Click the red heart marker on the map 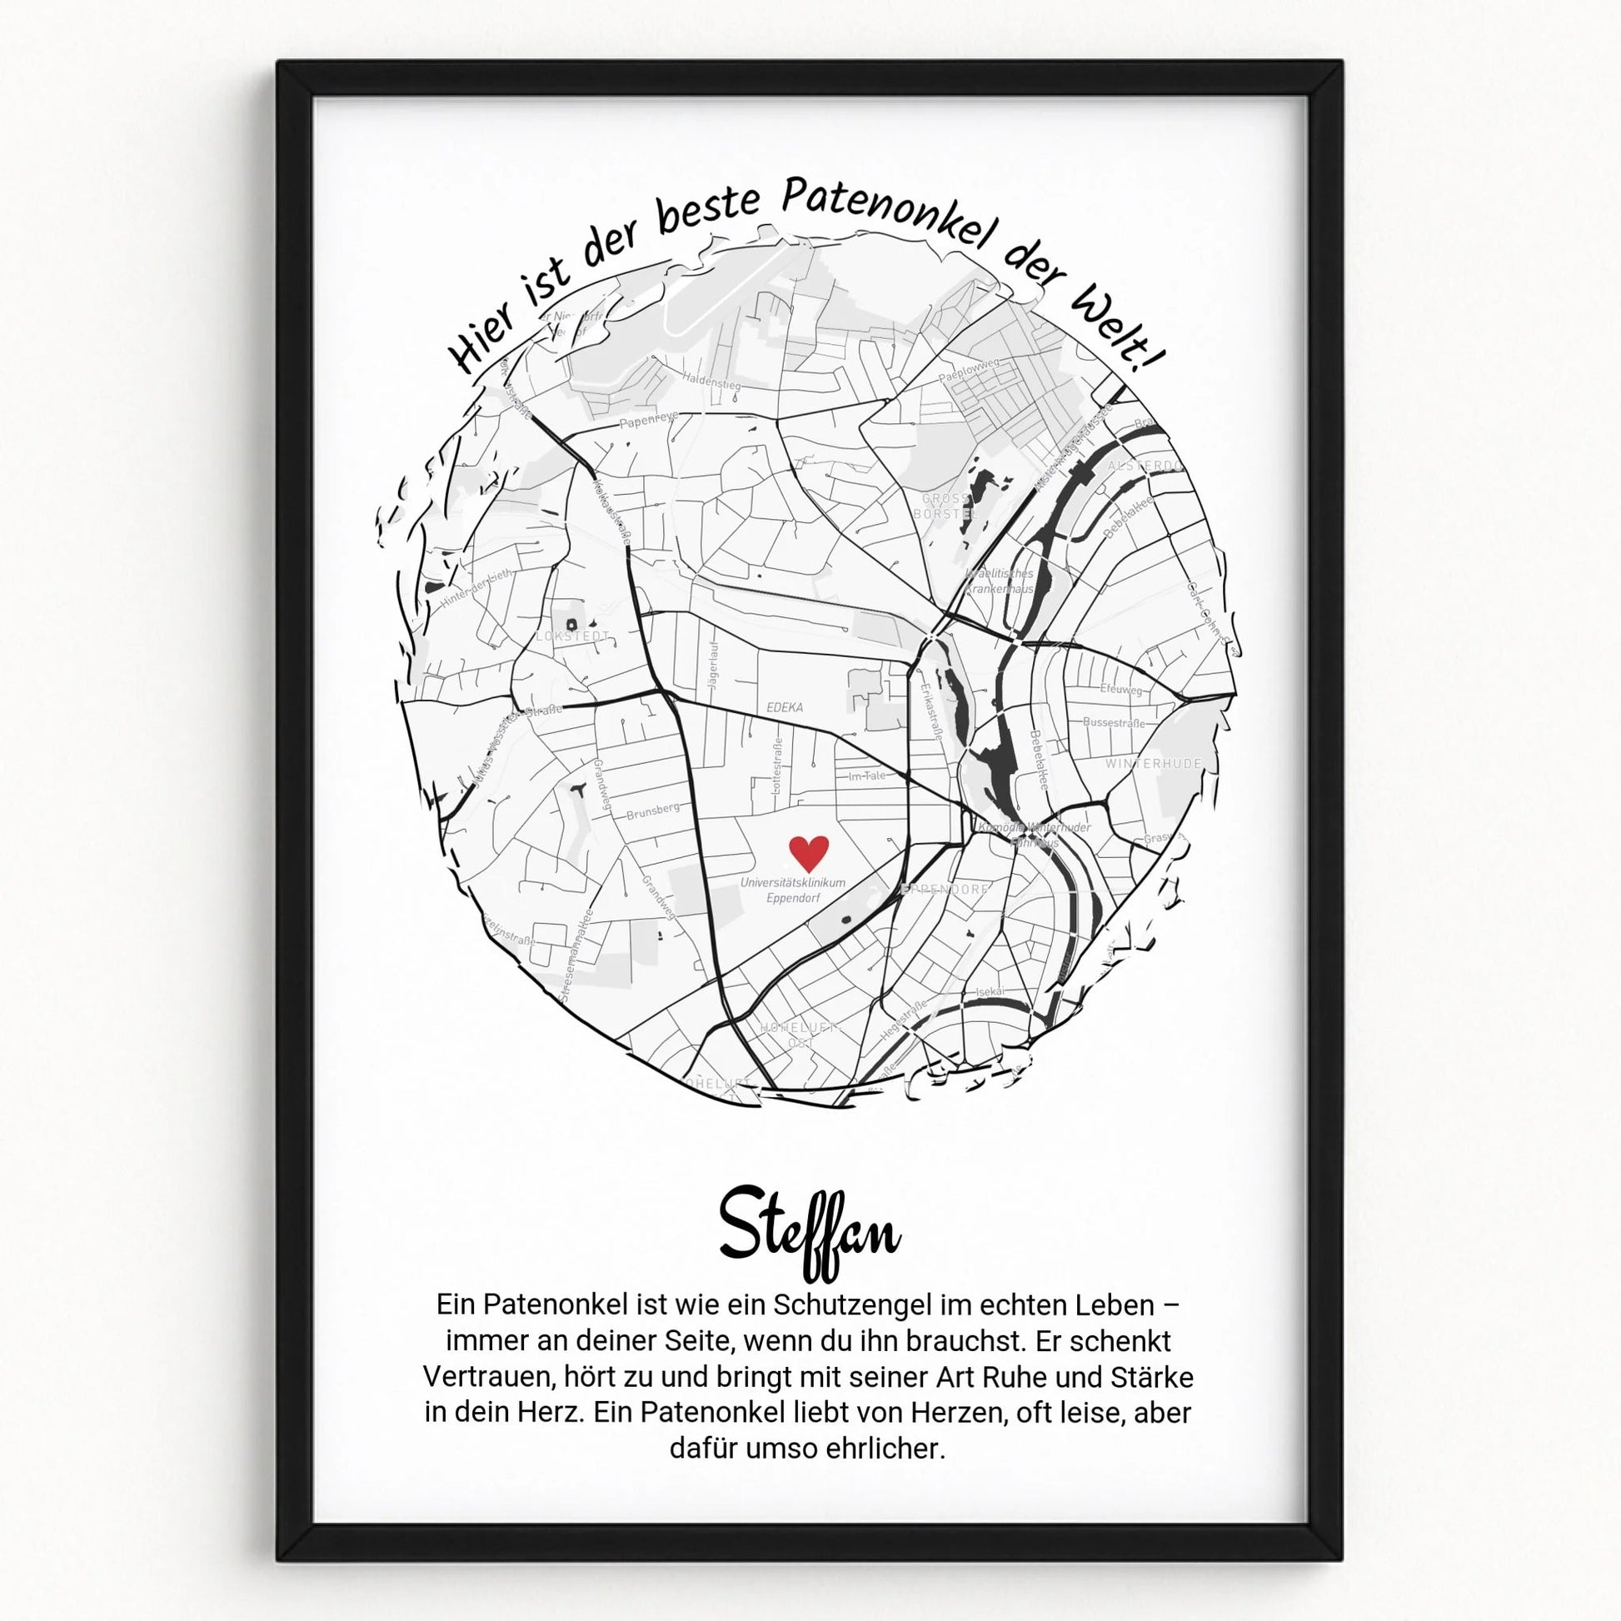809,852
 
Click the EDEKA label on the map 785,707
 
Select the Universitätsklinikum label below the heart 793,883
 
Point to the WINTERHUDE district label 1154,764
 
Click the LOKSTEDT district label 573,636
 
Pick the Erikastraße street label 931,711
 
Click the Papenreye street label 649,420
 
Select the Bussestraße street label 1114,722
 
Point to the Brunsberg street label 653,810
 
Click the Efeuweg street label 1122,689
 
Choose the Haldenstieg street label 711,381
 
